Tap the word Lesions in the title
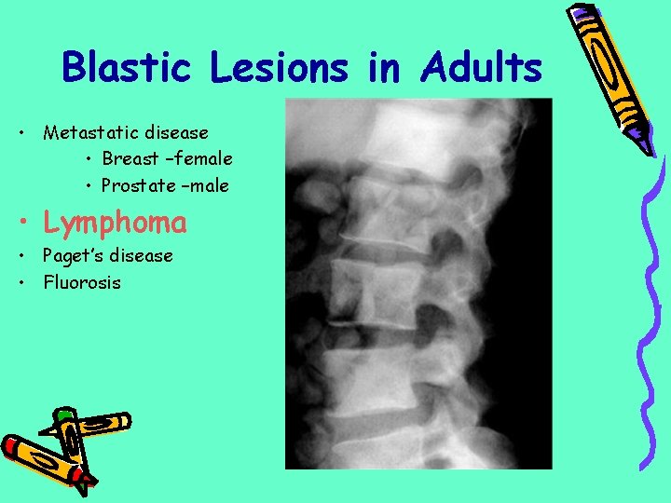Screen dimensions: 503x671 pyautogui.click(x=279, y=68)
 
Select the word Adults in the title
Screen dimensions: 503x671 pyautogui.click(x=481, y=68)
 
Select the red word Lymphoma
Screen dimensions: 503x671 pyautogui.click(x=115, y=224)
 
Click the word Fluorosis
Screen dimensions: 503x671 pyautogui.click(x=82, y=282)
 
